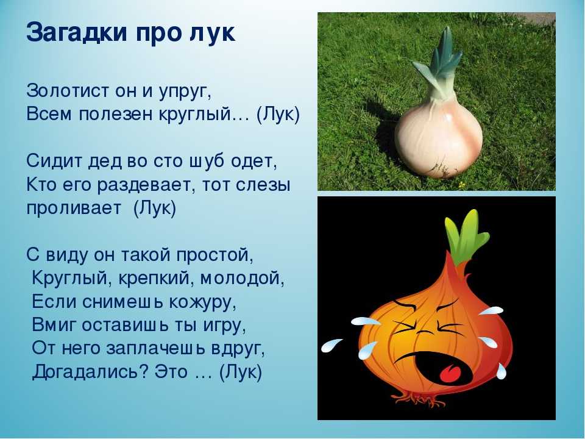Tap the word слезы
[x=263, y=185]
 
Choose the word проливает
[x=74, y=209]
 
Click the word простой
[x=214, y=255]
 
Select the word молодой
[x=242, y=279]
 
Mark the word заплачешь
[x=155, y=349]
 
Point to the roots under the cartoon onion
[x=418, y=399]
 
